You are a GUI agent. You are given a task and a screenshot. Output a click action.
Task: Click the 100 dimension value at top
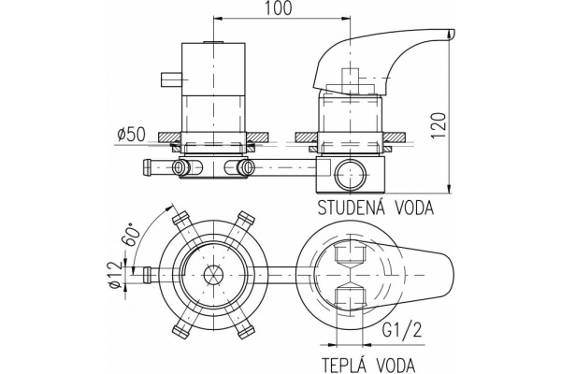coord(278,7)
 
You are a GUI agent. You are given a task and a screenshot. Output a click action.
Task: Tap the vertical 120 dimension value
coord(439,126)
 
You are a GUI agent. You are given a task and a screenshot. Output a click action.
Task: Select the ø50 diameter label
coord(131,135)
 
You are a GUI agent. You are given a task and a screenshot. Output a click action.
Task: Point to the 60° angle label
coord(131,234)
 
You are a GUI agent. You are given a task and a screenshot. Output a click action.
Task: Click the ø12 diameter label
coord(115,275)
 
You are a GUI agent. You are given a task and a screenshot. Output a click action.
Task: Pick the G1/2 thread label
coord(402,331)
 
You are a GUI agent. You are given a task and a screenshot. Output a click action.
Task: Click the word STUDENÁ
coord(349,208)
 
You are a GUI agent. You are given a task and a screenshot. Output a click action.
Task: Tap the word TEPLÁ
coord(345,365)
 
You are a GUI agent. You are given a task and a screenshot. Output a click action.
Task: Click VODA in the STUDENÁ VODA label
coord(414,208)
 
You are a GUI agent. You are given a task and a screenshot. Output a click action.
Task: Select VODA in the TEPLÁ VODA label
coord(396,365)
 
